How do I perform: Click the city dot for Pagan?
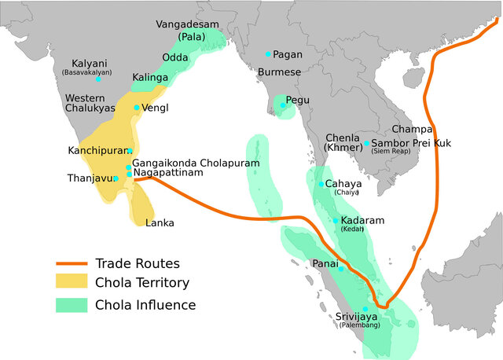pyautogui.click(x=268, y=54)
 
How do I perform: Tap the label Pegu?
pyautogui.click(x=299, y=101)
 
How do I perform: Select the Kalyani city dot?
pyautogui.click(x=98, y=79)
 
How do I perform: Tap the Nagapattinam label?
pyautogui.click(x=174, y=172)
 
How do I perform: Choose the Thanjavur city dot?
pyautogui.click(x=116, y=178)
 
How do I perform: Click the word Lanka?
pyautogui.click(x=160, y=223)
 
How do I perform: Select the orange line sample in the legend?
pyautogui.click(x=71, y=263)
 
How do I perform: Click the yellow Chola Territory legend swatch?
pyautogui.click(x=71, y=282)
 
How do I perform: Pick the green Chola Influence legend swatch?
pyautogui.click(x=71, y=305)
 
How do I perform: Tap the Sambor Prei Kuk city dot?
pyautogui.click(x=366, y=144)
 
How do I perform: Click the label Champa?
pyautogui.click(x=412, y=129)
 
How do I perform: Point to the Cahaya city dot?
pyautogui.click(x=321, y=184)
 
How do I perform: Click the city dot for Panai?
pyautogui.click(x=342, y=269)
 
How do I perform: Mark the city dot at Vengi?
pyautogui.click(x=137, y=108)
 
